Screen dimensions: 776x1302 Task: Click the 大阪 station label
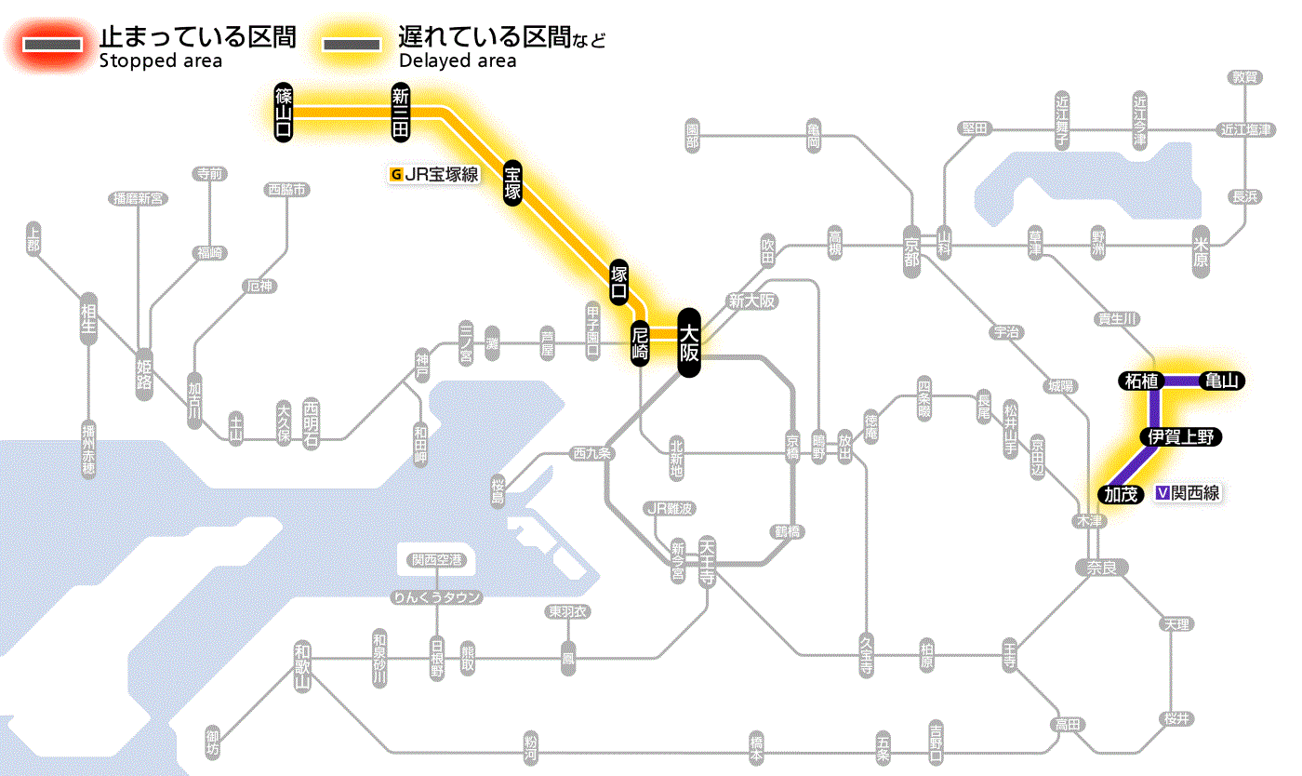(x=688, y=342)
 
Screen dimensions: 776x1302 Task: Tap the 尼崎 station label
(x=640, y=342)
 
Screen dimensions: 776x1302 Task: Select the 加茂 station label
(x=1121, y=494)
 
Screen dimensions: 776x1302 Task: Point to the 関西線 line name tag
(x=1188, y=494)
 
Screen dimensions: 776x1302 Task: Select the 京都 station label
(x=911, y=247)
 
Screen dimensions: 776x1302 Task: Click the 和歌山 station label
(x=301, y=666)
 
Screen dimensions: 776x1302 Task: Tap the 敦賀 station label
(x=1243, y=77)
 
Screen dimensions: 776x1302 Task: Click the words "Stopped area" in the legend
(x=161, y=61)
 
